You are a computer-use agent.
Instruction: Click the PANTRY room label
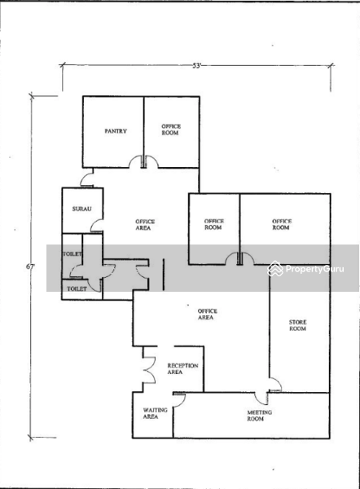116,131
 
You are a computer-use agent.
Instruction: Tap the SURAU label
82,209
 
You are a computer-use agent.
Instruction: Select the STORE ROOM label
297,325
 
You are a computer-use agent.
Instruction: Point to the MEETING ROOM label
259,416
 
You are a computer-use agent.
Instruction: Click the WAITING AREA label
155,413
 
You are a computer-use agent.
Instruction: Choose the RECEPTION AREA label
182,368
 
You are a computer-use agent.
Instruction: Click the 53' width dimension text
196,66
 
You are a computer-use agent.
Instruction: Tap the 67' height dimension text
30,267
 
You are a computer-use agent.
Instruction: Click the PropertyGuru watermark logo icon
275,268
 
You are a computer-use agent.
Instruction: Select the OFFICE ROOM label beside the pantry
171,130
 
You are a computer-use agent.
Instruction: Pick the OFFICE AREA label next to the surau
145,225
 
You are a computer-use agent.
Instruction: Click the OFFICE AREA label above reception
207,314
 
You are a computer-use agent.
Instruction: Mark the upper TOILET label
72,253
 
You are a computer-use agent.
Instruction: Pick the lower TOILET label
77,289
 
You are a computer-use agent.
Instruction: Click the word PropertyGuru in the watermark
315,269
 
